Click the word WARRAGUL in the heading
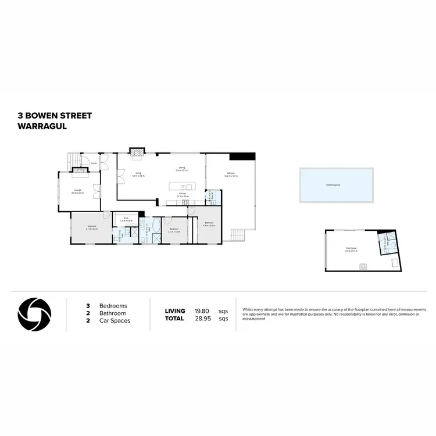42,125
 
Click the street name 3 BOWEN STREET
55,116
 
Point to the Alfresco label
230,173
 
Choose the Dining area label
182,169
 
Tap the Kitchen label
182,194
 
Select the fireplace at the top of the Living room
137,153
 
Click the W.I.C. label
126,219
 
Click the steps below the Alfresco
238,235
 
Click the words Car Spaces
115,320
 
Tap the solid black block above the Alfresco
242,156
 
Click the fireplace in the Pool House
363,267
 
